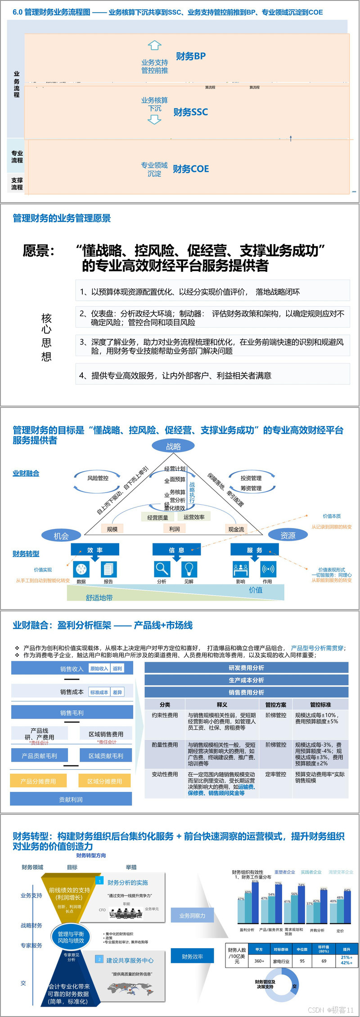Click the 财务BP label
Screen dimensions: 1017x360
191,56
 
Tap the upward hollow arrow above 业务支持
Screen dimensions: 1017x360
154,45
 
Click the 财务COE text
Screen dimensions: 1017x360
191,169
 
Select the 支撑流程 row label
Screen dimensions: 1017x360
17,184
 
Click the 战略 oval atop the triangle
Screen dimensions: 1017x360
173,446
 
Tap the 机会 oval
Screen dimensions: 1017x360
61,536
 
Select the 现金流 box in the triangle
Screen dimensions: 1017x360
236,529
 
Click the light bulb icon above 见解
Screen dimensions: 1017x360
189,569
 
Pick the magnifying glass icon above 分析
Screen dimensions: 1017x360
162,569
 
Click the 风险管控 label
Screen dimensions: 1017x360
98,478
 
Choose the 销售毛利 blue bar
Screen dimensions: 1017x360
72,713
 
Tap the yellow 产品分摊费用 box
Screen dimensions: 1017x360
38,781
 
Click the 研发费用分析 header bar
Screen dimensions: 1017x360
246,668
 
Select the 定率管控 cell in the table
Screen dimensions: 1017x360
275,774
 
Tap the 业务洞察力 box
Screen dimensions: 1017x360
192,916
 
